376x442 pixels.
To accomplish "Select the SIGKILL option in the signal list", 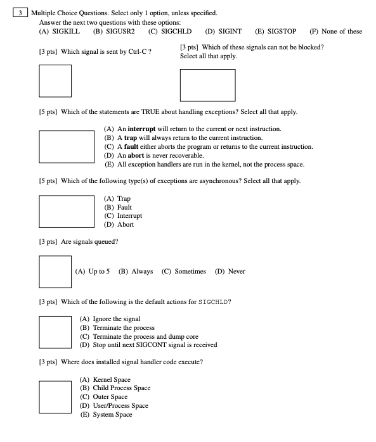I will pos(60,32).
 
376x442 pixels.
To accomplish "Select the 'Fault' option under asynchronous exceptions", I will pos(119,207).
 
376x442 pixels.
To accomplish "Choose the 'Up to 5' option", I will pos(93,272).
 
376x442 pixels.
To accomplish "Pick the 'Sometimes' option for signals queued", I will pos(184,272).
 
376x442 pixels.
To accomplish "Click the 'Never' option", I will pos(231,272).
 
